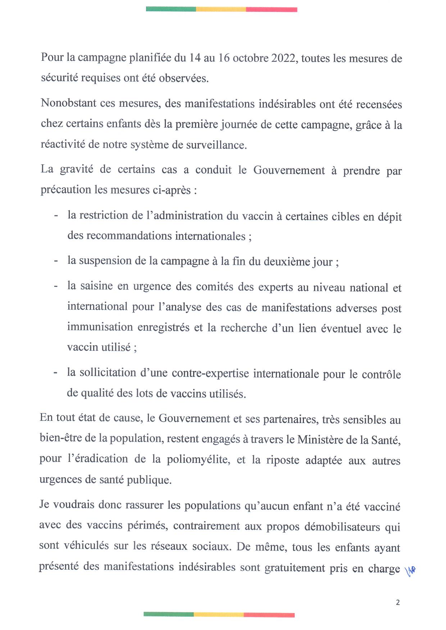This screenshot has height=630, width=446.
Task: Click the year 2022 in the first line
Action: (x=284, y=58)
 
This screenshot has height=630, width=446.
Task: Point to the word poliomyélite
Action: (x=198, y=459)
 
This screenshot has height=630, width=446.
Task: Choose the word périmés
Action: (x=147, y=525)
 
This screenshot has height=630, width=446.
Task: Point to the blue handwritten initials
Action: (x=410, y=570)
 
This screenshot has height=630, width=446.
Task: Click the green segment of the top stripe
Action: (x=171, y=9)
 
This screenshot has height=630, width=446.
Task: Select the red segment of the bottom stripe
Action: (x=269, y=615)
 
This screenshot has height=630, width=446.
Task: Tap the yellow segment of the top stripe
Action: (x=221, y=9)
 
